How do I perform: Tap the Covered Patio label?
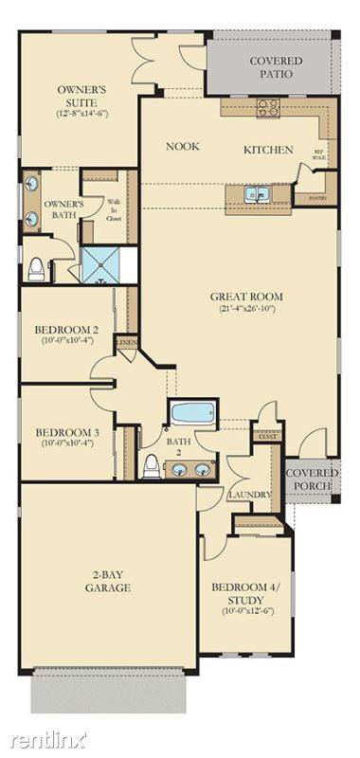[276, 67]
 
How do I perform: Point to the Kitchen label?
[268, 150]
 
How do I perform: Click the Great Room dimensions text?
[246, 309]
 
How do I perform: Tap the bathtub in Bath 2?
[192, 414]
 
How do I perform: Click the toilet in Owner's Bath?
[37, 268]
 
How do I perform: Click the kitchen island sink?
[256, 194]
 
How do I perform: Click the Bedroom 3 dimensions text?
[63, 446]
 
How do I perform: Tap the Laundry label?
[250, 495]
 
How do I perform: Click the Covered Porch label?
[310, 479]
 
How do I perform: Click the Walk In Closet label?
[113, 209]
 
